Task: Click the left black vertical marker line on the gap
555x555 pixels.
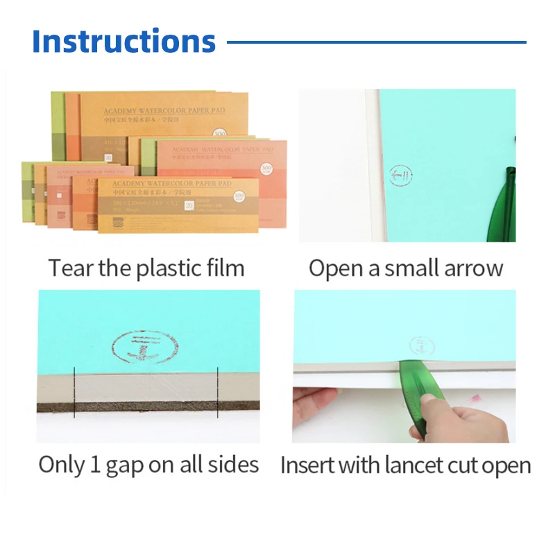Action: click(x=74, y=392)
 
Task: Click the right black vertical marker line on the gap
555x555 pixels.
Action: click(x=218, y=392)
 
